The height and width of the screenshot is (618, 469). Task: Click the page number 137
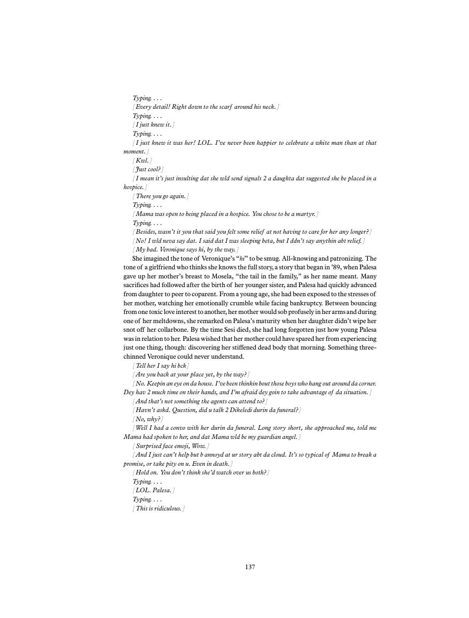tap(250, 567)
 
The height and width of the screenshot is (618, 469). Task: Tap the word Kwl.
tap(142, 160)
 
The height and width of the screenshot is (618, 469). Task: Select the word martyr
tap(306, 214)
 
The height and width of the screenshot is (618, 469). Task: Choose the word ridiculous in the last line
tap(168, 508)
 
